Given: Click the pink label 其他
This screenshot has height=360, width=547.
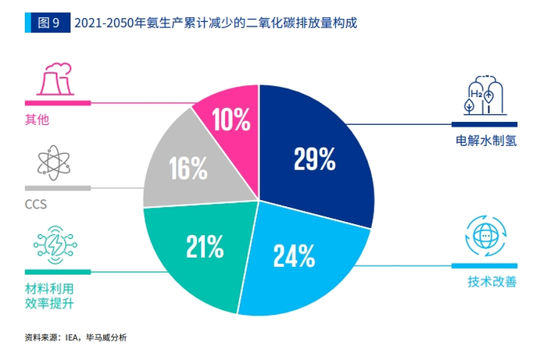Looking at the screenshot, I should point(38,119).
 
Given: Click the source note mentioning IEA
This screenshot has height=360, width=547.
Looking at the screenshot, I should point(75,337).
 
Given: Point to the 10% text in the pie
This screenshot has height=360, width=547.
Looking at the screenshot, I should point(231,120).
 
